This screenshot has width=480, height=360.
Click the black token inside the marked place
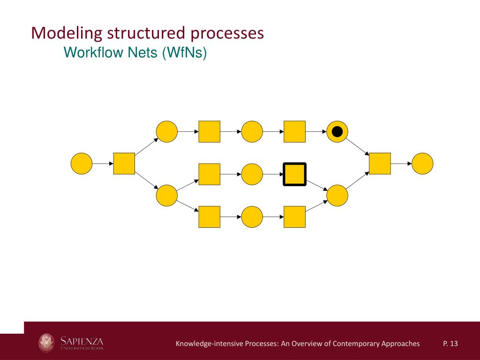(337, 132)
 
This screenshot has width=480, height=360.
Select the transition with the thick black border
(294, 174)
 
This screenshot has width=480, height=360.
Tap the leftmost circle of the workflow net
(82, 164)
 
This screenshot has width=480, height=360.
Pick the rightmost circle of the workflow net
(422, 164)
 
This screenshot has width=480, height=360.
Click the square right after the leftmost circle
(124, 164)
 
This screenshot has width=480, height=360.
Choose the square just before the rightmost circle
(380, 164)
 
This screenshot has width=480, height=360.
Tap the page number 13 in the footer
(453, 344)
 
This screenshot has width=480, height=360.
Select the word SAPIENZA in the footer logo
(82, 339)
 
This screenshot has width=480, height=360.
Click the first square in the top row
(209, 132)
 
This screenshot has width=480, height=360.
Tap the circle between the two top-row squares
(252, 132)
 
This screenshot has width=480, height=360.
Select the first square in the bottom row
(209, 217)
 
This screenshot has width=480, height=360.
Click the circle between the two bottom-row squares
(252, 217)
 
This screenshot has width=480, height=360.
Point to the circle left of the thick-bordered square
(252, 174)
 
